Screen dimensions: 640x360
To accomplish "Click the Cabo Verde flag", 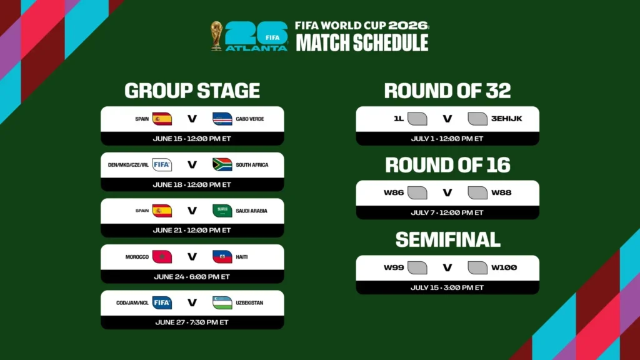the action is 222,119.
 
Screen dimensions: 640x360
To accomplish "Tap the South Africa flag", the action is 222,164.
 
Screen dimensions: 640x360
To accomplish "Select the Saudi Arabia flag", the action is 222,211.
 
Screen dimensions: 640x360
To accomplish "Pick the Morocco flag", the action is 162,257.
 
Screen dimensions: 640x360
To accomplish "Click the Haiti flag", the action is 222,257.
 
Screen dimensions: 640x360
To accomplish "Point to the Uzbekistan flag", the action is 222,302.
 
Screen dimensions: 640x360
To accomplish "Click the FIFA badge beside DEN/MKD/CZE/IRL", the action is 162,164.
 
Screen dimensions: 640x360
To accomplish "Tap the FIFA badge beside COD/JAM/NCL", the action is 162,302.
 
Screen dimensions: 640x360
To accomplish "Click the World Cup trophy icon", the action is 216,36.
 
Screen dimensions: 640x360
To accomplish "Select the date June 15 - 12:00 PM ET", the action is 192,139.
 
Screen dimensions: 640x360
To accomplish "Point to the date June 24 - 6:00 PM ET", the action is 192,277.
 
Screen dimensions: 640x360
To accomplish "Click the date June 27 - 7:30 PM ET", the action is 192,322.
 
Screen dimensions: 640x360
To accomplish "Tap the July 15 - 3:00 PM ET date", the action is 447,287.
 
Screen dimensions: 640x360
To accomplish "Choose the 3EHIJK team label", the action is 506,119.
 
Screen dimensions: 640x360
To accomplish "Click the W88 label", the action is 501,192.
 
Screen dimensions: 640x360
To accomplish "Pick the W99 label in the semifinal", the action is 394,267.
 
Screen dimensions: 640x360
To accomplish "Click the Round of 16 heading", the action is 447,165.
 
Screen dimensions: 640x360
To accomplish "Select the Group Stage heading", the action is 192,91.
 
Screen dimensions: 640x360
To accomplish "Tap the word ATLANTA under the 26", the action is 256,48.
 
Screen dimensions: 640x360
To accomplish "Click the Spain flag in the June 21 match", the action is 162,211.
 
